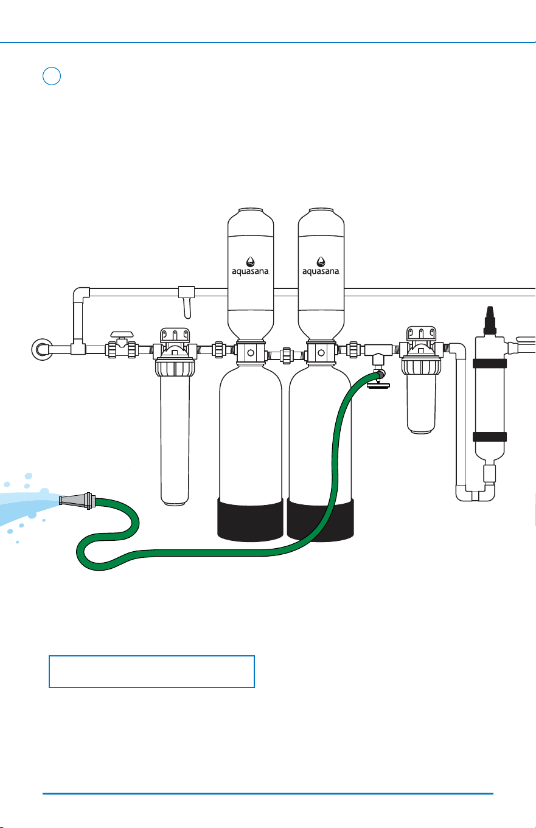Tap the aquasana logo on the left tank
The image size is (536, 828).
click(251, 266)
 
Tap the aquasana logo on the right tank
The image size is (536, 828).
click(321, 266)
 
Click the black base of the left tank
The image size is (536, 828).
click(250, 520)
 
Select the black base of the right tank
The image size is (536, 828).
click(320, 520)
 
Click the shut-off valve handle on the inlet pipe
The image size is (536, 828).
click(122, 335)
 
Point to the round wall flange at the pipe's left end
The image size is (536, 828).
click(42, 349)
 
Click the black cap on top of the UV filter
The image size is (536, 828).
click(490, 321)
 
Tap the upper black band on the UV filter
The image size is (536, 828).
click(490, 363)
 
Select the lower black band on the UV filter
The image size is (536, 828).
click(490, 437)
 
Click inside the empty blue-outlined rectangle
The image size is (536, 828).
click(151, 671)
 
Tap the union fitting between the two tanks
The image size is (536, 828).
click(287, 356)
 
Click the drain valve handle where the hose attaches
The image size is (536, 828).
click(378, 386)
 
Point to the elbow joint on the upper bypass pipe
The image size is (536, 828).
click(80, 295)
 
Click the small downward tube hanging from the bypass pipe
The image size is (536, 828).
click(187, 308)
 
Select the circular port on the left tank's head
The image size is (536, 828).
click(251, 353)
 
